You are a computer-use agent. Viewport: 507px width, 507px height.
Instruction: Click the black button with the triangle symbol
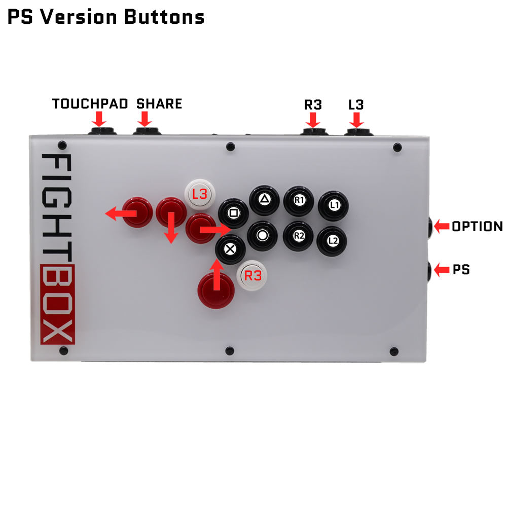264,199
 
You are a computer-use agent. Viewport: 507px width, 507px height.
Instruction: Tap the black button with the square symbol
233,213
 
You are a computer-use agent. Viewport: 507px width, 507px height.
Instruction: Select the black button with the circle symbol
262,235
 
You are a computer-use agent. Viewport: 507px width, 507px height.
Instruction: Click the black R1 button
299,200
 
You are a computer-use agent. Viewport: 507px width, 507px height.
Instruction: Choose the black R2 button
298,235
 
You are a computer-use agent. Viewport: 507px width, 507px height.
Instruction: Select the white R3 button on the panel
252,276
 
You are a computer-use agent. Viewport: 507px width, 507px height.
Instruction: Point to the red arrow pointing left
120,214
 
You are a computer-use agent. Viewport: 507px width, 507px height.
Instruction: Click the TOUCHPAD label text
90,104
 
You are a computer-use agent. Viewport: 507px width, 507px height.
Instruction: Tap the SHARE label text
159,104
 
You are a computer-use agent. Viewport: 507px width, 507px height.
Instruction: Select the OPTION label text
477,227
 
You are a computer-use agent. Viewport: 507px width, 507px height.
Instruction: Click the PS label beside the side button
461,270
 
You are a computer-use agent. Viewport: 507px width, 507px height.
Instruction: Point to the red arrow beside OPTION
441,226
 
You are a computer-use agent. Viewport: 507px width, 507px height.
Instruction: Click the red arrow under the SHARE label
144,120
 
